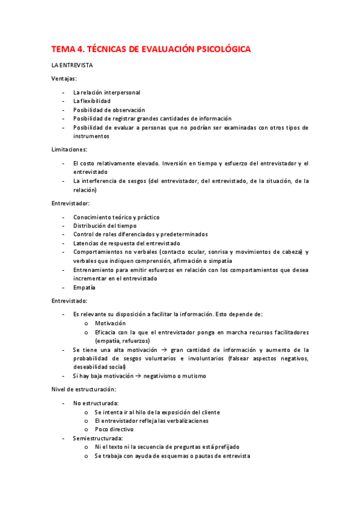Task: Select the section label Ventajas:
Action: pyautogui.click(x=64, y=78)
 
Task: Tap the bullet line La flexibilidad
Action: pyautogui.click(x=92, y=101)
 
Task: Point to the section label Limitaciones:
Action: pyautogui.click(x=69, y=149)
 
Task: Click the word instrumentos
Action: pyautogui.click(x=91, y=137)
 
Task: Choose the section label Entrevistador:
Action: pyautogui.click(x=70, y=203)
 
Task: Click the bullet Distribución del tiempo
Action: pyautogui.click(x=105, y=226)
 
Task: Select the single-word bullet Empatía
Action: pyautogui.click(x=84, y=287)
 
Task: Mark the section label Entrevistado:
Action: pyautogui.click(x=69, y=300)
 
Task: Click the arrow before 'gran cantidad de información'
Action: pyautogui.click(x=162, y=350)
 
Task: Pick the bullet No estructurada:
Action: pyautogui.click(x=96, y=403)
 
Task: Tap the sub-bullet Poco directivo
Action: pyautogui.click(x=114, y=429)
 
